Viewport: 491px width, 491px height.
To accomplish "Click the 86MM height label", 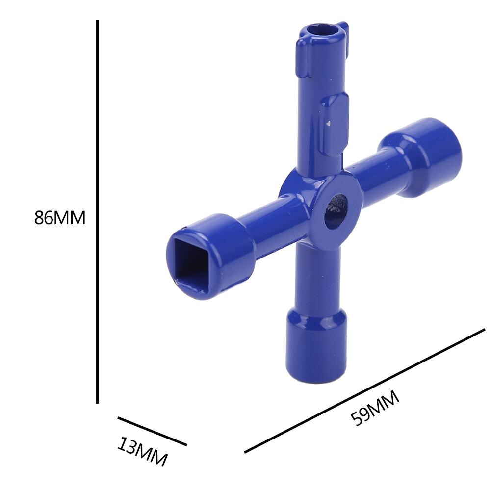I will pos(60,217).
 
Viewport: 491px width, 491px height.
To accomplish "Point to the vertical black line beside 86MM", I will pos(98,211).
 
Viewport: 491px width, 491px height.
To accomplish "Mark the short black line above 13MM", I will pos(152,431).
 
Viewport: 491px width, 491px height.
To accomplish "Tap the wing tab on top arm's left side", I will pos(303,59).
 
